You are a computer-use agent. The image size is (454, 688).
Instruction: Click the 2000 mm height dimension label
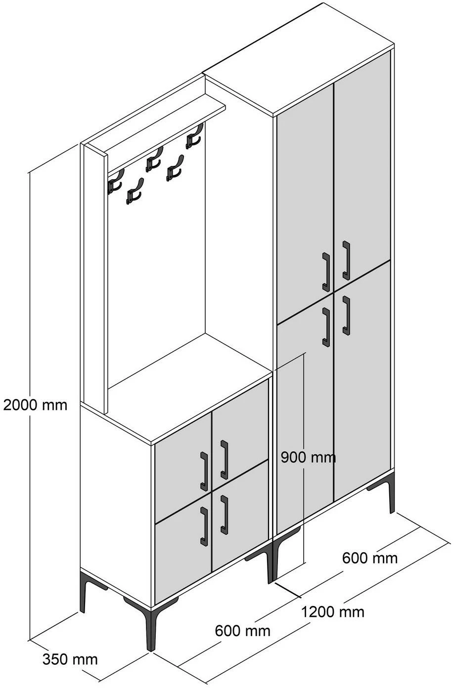coord(35,405)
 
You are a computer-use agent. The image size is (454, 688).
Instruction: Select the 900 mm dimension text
coord(308,458)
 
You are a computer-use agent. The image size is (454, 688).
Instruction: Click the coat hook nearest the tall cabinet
coord(194,137)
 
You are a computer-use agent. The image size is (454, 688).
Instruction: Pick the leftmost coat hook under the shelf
coord(115,182)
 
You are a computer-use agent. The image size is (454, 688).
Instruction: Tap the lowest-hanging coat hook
coord(135,191)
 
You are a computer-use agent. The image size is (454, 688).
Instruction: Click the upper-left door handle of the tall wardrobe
coord(326,272)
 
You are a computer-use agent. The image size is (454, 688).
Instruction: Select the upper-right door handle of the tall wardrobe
coord(346,260)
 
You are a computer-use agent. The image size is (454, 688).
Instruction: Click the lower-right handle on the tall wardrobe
coord(346,316)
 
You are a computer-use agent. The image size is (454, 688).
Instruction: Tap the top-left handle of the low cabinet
coord(204,471)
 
